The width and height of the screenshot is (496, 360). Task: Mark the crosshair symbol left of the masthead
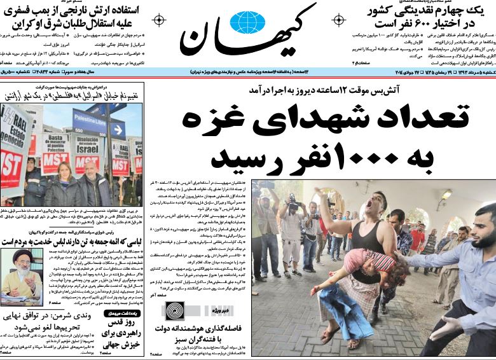(159, 20)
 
